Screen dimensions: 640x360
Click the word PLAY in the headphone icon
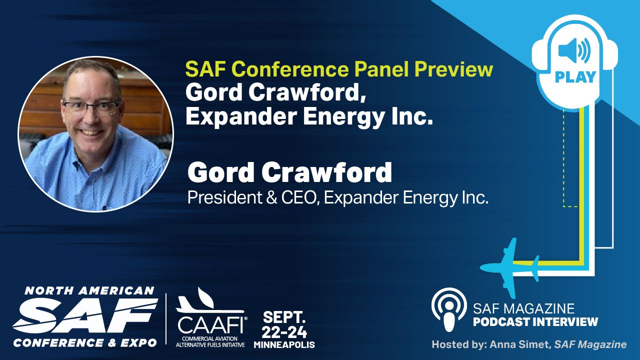coord(575,77)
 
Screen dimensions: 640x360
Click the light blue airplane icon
coord(509,268)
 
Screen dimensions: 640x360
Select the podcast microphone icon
coord(449,309)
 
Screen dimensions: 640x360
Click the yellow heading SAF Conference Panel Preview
coord(339,69)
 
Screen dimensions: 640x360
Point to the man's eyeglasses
coord(91,107)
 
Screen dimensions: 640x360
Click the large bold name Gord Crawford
coord(289,172)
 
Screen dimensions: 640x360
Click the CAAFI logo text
coord(211,325)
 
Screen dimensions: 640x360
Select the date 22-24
coord(284,332)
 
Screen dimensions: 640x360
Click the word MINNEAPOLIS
coord(284,345)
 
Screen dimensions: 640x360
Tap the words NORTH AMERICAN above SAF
coord(89,291)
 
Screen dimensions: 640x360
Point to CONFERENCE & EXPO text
coord(85,343)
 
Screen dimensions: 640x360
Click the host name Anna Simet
coord(520,344)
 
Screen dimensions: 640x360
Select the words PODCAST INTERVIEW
coord(535,321)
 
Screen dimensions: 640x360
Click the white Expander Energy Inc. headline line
coord(309,116)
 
